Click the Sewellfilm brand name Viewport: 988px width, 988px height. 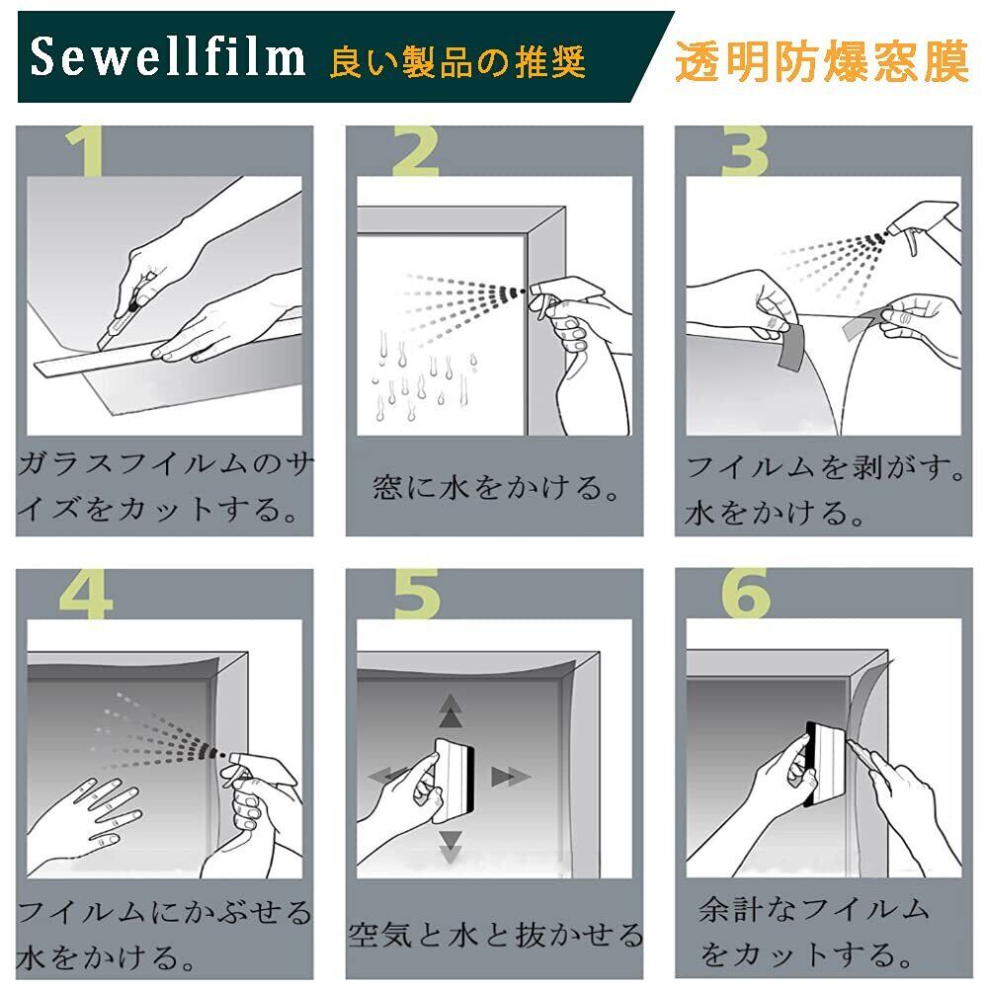click(x=168, y=57)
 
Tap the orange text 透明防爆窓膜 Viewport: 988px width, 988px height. click(x=821, y=61)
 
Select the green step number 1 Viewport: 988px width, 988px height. click(x=86, y=151)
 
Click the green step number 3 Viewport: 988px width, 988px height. click(x=745, y=151)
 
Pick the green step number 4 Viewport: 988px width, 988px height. click(x=86, y=594)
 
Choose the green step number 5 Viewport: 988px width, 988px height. click(x=417, y=594)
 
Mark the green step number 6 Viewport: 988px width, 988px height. click(x=746, y=594)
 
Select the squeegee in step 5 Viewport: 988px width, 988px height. click(x=453, y=780)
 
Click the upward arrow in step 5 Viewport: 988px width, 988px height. click(x=450, y=710)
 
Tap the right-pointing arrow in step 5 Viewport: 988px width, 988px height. click(x=510, y=777)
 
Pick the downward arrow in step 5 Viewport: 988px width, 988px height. click(x=451, y=846)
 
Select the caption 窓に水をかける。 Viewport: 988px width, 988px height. click(x=496, y=487)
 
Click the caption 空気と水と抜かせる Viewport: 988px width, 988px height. click(x=495, y=935)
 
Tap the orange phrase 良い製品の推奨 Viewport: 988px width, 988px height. click(x=457, y=61)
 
